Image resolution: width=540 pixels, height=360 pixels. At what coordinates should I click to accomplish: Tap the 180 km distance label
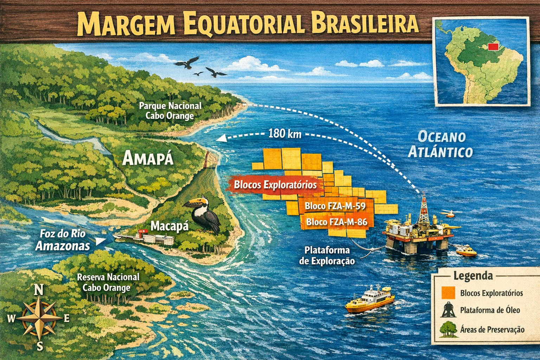tap(284, 134)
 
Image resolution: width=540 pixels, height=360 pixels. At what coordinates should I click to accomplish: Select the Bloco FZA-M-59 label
tap(335, 206)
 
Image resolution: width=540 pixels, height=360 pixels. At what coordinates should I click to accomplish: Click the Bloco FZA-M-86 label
tap(336, 222)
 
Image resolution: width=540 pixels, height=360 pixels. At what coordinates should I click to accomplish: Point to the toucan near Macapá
tap(204, 214)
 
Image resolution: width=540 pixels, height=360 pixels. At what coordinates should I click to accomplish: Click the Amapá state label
tap(148, 159)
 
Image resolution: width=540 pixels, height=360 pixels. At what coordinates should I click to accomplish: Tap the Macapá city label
tap(169, 226)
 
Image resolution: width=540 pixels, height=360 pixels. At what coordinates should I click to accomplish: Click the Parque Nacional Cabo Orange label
tap(170, 111)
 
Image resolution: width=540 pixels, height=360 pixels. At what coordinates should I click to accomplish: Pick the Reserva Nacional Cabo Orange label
tap(108, 282)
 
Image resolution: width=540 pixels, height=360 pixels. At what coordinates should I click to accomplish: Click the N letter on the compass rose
tap(38, 290)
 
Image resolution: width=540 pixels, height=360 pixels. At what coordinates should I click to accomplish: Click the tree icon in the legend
tap(448, 329)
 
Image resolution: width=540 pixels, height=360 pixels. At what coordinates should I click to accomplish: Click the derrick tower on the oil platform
tap(424, 209)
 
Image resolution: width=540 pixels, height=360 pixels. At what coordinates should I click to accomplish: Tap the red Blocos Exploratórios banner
tap(275, 185)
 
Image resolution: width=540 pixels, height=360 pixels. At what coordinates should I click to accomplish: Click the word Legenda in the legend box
tap(473, 276)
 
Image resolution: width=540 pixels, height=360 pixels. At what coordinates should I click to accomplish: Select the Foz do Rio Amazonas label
tap(63, 240)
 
